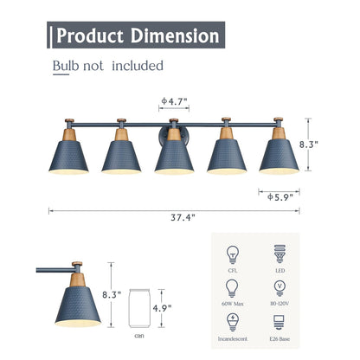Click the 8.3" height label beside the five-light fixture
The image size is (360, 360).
[x=323, y=147]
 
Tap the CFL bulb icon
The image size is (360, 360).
[x=232, y=254]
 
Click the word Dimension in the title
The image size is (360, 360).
[x=175, y=36]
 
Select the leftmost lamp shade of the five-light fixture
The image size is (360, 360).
[x=68, y=153]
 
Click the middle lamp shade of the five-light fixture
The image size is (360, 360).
[x=174, y=153]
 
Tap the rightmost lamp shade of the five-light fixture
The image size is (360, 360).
[x=279, y=153]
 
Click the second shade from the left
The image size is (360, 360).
[x=121, y=153]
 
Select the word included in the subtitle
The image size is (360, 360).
[x=138, y=66]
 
